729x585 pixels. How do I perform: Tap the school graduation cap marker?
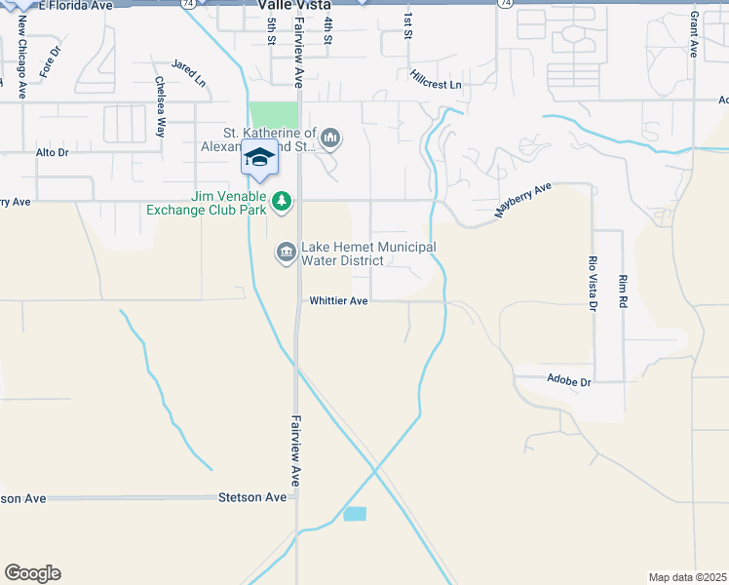pos(259,158)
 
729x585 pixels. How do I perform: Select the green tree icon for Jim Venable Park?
pos(282,201)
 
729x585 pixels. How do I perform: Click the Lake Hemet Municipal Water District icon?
pos(286,253)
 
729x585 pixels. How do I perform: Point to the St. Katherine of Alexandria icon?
pos(330,139)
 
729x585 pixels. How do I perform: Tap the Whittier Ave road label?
pos(338,301)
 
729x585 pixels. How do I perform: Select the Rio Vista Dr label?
pos(592,284)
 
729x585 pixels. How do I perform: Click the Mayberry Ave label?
pos(523,198)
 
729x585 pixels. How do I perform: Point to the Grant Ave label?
pos(694,34)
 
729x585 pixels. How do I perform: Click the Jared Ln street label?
pos(189,72)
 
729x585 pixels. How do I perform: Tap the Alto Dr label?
pos(53,153)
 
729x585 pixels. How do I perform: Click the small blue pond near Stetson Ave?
pos(355,514)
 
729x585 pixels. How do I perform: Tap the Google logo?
pos(32,573)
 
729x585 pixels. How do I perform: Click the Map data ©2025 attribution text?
pos(687,577)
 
